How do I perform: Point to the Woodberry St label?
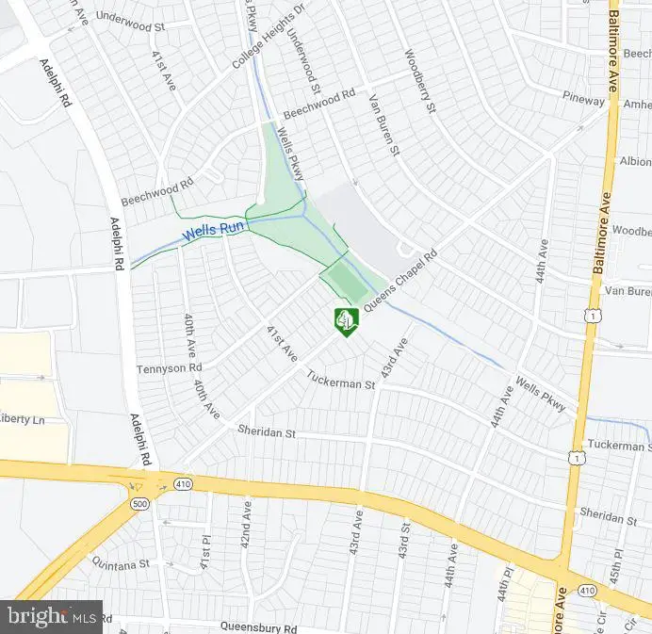pos(421,82)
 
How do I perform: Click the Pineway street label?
pos(584,99)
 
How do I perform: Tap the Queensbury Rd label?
pos(258,626)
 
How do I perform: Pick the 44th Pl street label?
pos(505,584)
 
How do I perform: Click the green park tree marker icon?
pos(346,320)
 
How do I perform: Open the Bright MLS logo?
pos(52,617)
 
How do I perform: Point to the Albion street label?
pos(634,161)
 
